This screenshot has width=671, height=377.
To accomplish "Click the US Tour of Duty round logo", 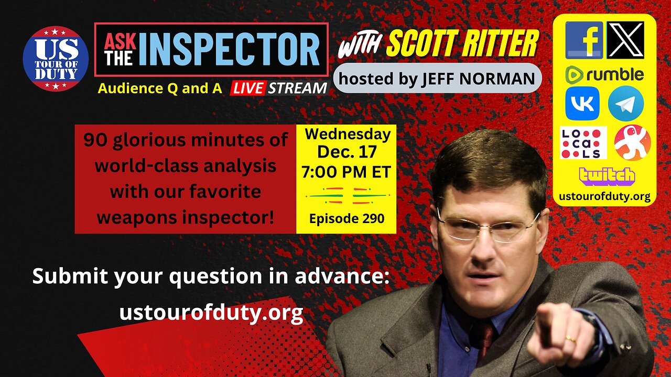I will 56,59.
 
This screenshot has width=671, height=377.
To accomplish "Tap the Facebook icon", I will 584,40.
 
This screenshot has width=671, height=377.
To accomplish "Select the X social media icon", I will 625,40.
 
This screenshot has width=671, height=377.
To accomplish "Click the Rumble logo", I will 604,75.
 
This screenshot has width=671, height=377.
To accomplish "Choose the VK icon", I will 582,104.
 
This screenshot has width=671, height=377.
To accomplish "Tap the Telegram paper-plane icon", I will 625,104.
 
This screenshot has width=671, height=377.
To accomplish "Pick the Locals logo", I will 583,142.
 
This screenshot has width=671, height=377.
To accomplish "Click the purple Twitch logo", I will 607,176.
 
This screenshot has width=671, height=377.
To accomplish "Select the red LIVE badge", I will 247,88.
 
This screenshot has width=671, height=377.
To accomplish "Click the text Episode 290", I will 347,218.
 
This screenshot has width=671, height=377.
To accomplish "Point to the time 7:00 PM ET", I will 347,172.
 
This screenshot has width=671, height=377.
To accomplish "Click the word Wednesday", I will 348,135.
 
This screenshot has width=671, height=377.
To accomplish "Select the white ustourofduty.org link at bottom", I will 211,313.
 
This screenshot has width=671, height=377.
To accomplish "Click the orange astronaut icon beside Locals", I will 632,142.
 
